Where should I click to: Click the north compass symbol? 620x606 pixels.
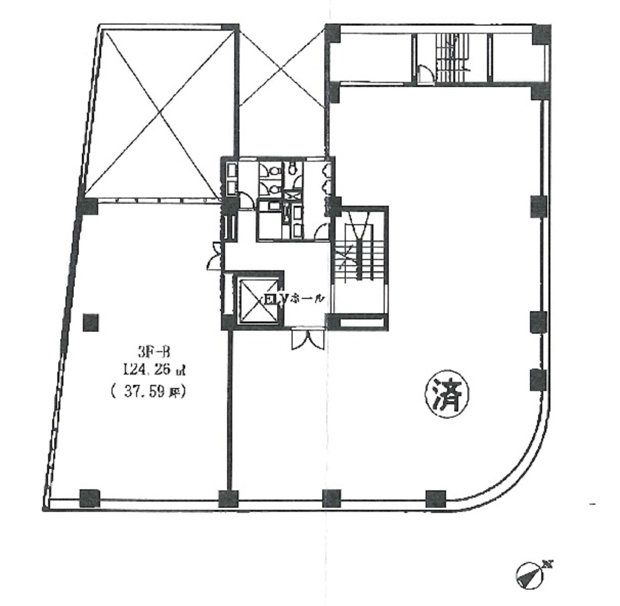tap(530, 573)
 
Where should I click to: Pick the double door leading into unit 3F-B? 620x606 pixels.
tap(214, 256)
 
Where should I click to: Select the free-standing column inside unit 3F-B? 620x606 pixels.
tap(91, 323)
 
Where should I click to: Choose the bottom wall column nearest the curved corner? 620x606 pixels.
tap(435, 498)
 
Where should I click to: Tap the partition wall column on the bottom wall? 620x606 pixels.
tap(228, 498)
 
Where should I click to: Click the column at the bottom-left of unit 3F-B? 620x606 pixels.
tap(89, 498)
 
